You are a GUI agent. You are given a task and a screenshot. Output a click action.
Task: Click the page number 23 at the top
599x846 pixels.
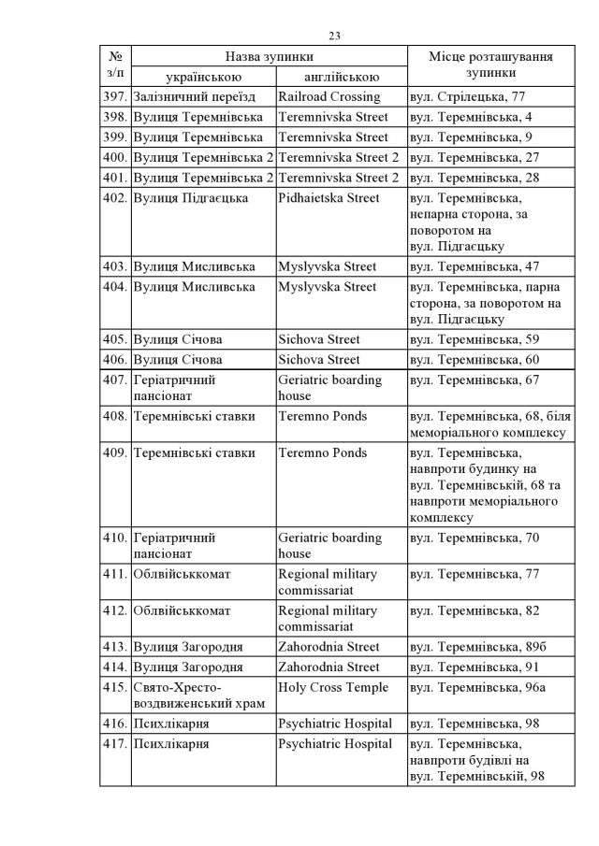point(334,36)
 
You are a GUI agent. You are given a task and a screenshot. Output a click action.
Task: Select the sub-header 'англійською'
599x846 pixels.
point(341,77)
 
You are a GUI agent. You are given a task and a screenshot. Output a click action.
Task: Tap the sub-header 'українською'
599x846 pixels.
point(204,77)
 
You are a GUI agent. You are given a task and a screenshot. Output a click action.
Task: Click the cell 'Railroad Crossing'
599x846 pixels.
point(329,96)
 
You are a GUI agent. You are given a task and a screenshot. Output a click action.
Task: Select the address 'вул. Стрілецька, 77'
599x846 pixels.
point(467,96)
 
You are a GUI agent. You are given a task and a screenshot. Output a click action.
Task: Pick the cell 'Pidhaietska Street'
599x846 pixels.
point(329,198)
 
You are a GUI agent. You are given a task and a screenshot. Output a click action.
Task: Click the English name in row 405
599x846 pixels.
point(319,339)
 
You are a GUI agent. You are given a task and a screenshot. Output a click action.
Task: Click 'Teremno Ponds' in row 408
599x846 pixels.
point(322,416)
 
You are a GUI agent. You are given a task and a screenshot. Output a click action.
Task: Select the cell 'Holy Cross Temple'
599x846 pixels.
point(332,688)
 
